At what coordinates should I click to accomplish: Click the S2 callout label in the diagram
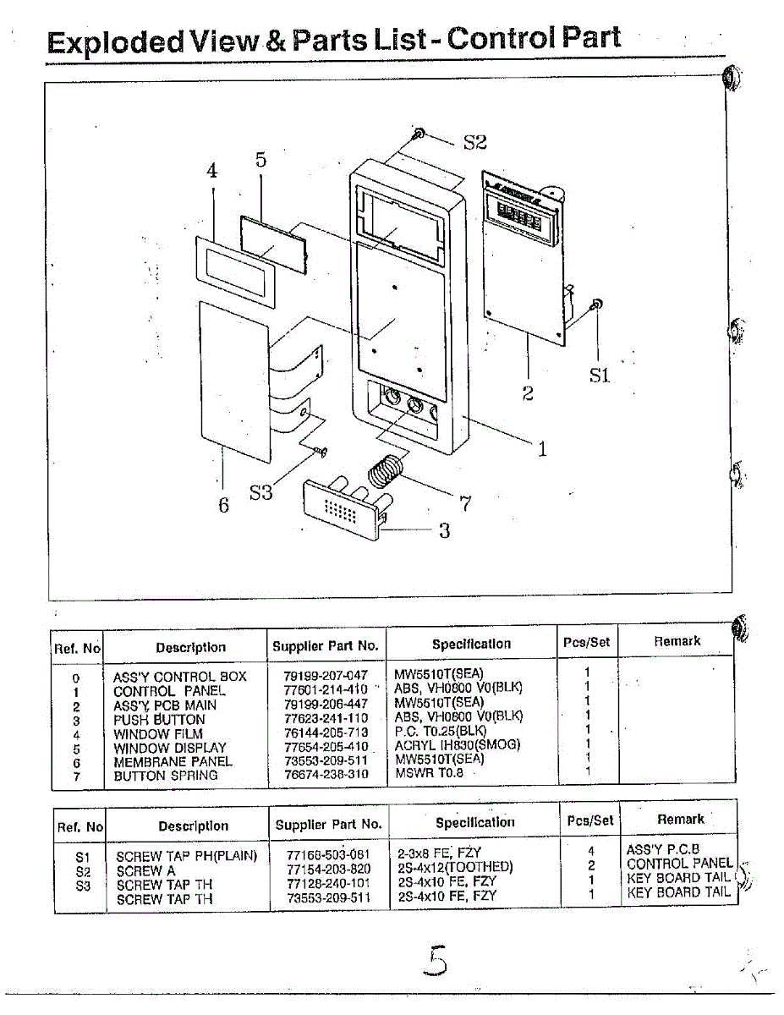pos(474,142)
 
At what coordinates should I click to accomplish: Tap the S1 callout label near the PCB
pos(600,376)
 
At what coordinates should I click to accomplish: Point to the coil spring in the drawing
pos(387,469)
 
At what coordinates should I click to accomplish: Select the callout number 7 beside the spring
pos(464,504)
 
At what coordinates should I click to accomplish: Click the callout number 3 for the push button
pos(444,531)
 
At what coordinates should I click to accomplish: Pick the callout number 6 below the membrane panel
pos(223,505)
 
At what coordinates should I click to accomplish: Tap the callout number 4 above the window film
pos(212,170)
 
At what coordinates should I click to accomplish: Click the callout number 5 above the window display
pos(260,160)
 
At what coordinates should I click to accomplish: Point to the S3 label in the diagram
pos(260,492)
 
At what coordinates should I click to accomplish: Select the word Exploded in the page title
pos(115,41)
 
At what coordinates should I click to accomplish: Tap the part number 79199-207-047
pos(326,676)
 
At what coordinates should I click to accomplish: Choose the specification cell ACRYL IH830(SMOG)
pos(457,745)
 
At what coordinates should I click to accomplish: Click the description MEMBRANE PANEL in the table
pos(173,761)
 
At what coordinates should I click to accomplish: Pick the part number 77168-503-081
pos(328,855)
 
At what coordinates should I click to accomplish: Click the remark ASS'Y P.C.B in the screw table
pos(663,850)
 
